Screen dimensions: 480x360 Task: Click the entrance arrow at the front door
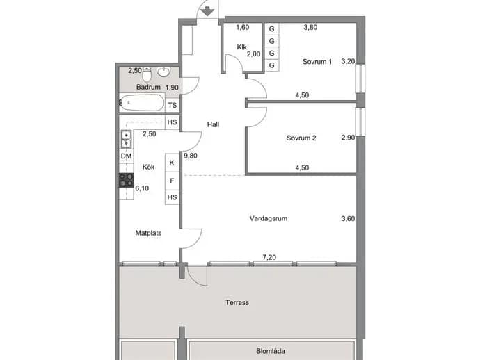coord(207,12)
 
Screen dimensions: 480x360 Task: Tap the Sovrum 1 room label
coord(317,61)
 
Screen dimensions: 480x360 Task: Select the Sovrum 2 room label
coord(301,138)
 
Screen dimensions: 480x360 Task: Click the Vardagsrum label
coord(268,218)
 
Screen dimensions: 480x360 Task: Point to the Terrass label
coord(237,302)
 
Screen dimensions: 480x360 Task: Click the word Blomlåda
coord(271,351)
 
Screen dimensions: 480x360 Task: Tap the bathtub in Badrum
coord(142,102)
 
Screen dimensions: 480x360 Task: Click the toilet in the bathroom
coord(147,74)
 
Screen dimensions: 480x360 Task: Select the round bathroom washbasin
coord(163,72)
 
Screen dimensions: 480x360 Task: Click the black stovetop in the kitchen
coord(126,180)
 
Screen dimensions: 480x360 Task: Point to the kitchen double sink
coord(127,139)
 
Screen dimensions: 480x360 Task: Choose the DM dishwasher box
coord(126,156)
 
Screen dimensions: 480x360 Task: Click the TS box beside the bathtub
coord(173,105)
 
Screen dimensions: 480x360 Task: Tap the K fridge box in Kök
coord(172,163)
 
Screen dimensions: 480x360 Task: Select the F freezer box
coord(172,181)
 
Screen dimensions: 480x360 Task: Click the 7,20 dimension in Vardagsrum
coord(269,257)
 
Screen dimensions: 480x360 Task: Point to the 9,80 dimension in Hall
coord(191,156)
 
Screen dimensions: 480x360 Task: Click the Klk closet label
coord(242,47)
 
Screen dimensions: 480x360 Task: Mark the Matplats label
coord(148,233)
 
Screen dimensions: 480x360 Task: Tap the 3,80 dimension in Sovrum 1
coord(310,27)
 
